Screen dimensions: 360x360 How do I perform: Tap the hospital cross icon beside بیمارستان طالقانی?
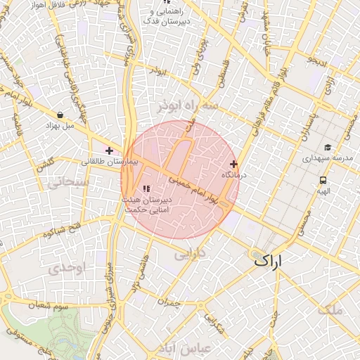(x=109, y=150)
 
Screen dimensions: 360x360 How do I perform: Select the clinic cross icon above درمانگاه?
(x=233, y=164)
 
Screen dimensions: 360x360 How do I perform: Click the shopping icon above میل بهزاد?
(x=60, y=115)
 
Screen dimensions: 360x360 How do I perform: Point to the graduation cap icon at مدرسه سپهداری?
(x=328, y=148)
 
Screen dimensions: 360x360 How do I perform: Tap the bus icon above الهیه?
(x=322, y=180)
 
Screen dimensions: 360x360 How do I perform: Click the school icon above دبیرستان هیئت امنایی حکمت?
(x=146, y=188)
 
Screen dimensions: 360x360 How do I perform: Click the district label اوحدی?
(x=68, y=269)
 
